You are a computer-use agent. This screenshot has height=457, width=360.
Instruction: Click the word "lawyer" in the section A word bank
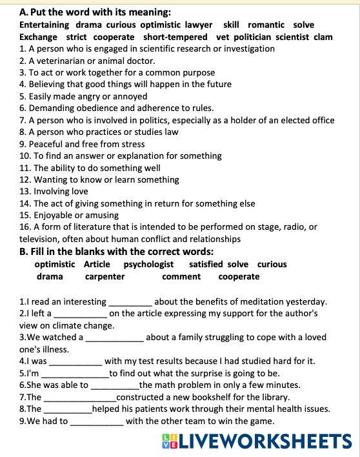click(x=198, y=25)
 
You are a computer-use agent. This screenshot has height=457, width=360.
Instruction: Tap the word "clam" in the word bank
click(x=323, y=37)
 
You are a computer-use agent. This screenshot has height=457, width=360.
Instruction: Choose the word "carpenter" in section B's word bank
click(x=105, y=276)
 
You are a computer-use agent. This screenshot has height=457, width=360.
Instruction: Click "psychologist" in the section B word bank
click(x=148, y=264)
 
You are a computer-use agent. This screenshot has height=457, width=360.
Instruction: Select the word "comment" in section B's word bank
click(x=181, y=276)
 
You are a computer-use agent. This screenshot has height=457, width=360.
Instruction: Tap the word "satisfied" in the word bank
click(x=206, y=264)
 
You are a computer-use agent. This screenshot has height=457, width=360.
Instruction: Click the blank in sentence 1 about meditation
click(x=130, y=302)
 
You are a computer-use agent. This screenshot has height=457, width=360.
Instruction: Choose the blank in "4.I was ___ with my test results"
click(x=75, y=361)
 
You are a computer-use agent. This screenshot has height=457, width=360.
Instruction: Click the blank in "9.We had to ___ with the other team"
click(x=96, y=422)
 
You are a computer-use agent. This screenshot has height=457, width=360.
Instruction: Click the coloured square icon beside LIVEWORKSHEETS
click(x=170, y=442)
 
